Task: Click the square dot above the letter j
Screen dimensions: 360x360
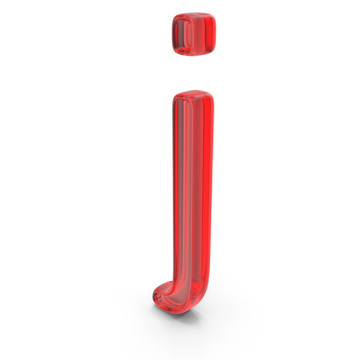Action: point(194,34)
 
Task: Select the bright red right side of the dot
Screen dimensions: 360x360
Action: point(208,34)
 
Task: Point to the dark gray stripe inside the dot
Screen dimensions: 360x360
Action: point(181,34)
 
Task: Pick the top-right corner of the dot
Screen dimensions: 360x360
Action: point(214,16)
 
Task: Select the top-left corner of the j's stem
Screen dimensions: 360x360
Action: point(175,96)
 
